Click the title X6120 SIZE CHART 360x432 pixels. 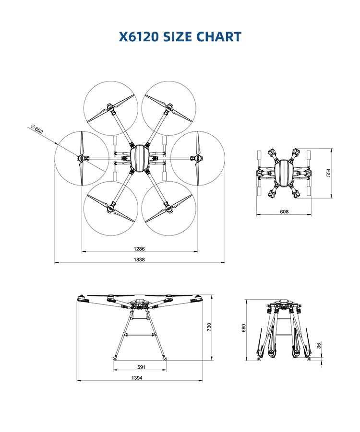pos(180,37)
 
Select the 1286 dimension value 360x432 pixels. pos(139,249)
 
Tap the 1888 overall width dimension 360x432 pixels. pos(139,260)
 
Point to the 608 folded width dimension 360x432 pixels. pos(284,211)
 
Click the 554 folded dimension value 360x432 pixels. pos(329,173)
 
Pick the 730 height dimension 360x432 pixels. pos(209,327)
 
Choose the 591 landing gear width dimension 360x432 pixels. pos(141,367)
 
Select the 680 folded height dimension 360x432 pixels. pos(244,328)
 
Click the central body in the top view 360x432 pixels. pos(140,158)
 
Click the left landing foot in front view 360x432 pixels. pos(115,358)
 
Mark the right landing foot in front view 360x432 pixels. pos(165,358)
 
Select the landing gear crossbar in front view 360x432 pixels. pos(140,334)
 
